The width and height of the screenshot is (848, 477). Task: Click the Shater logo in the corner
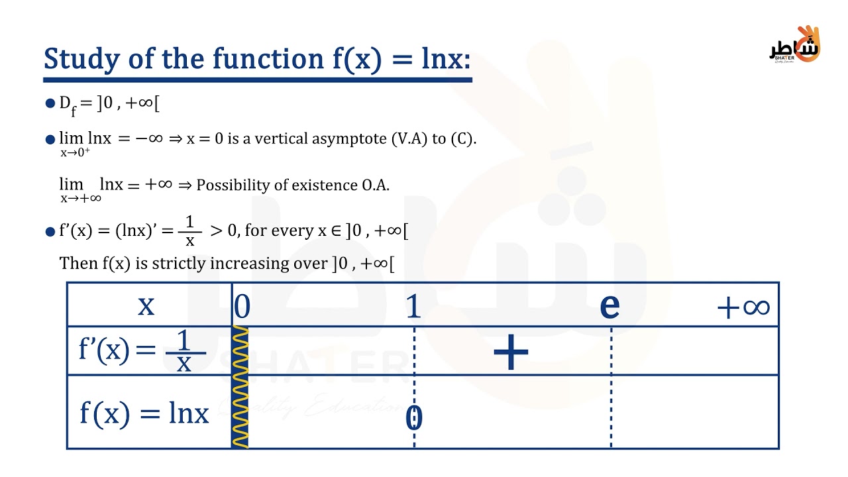pyautogui.click(x=794, y=45)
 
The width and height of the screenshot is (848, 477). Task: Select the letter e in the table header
pyautogui.click(x=609, y=305)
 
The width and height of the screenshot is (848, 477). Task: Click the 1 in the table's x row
pyautogui.click(x=413, y=306)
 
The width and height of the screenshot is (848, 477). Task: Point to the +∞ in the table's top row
pyautogui.click(x=743, y=307)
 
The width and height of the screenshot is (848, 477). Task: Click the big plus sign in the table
pyautogui.click(x=511, y=352)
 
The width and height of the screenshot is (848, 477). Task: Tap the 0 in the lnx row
pyautogui.click(x=413, y=418)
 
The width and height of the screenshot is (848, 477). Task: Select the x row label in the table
pyautogui.click(x=146, y=305)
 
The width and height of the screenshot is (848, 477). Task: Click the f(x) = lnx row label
pyautogui.click(x=144, y=413)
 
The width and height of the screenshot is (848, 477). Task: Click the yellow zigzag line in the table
pyautogui.click(x=240, y=388)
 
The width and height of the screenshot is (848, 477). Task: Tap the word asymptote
pyautogui.click(x=353, y=140)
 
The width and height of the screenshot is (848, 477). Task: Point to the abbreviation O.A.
pyautogui.click(x=376, y=185)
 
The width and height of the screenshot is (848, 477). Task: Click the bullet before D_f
pyautogui.click(x=50, y=103)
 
